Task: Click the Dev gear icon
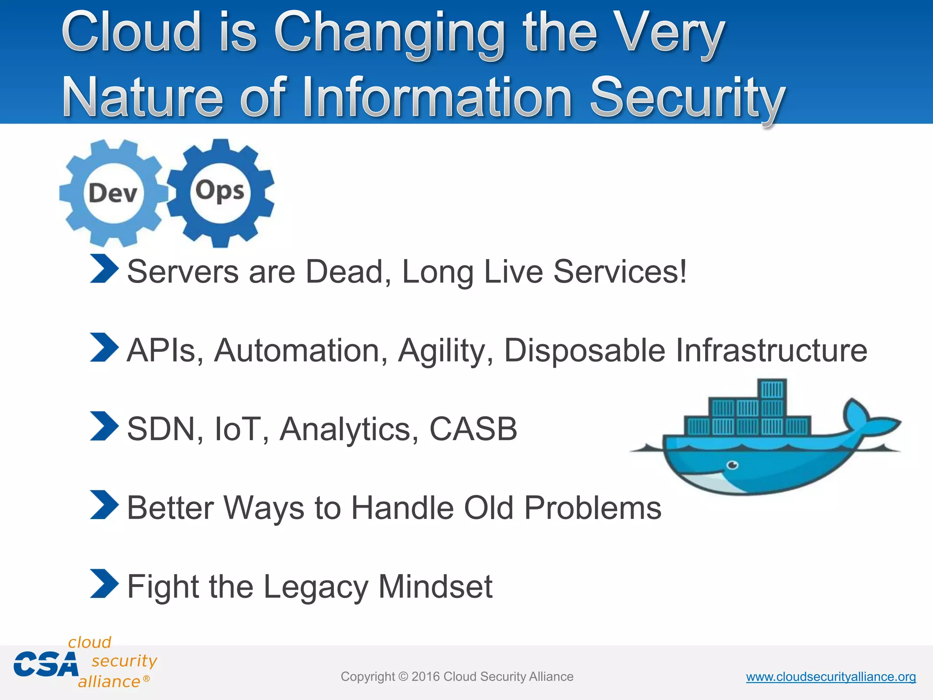click(112, 193)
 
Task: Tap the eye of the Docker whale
click(732, 465)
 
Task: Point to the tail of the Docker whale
click(868, 419)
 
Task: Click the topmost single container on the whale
click(772, 390)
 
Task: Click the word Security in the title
click(687, 97)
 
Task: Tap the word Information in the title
click(436, 97)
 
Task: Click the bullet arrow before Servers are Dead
click(104, 269)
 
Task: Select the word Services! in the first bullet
click(620, 272)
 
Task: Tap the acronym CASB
click(473, 429)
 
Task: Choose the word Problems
click(592, 508)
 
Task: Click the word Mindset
click(435, 587)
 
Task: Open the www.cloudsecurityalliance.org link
click(830, 677)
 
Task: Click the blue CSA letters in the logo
click(46, 664)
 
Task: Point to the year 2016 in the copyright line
click(425, 677)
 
